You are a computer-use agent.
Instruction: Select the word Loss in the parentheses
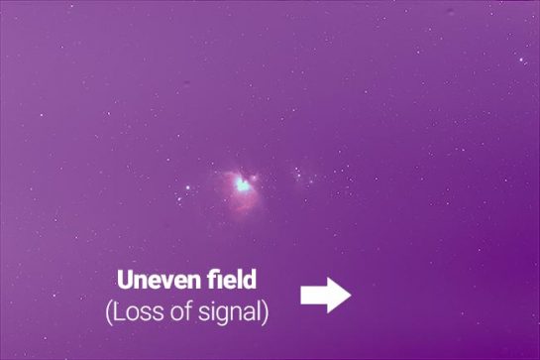point(137,312)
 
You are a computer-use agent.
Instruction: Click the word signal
point(227,313)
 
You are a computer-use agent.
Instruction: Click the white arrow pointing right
point(326,295)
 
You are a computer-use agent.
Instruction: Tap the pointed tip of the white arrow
point(350,295)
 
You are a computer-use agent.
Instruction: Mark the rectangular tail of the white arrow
point(313,295)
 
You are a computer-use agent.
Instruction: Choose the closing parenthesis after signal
point(265,313)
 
